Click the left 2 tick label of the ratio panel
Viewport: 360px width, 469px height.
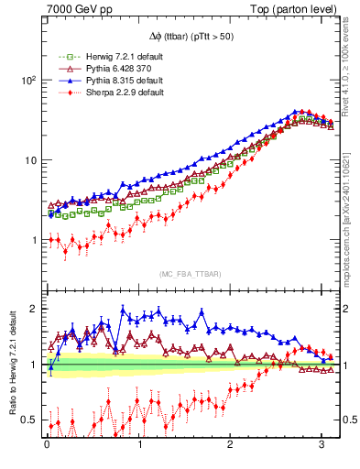point(36,309)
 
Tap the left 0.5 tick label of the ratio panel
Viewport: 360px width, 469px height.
point(31,420)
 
